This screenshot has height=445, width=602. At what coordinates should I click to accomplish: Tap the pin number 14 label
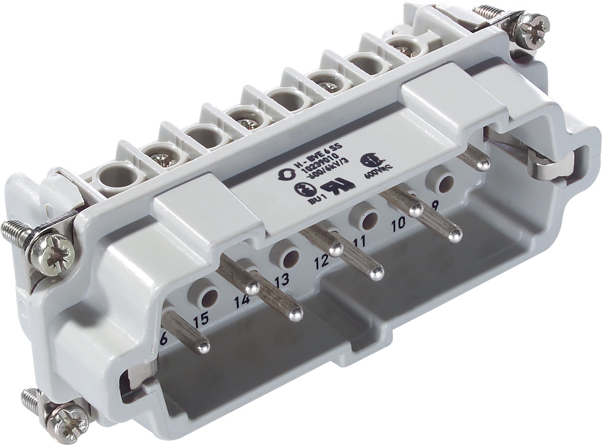241,301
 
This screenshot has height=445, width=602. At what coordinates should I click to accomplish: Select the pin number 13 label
283,279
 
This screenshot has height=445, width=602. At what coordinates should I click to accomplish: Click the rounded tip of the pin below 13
295,314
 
